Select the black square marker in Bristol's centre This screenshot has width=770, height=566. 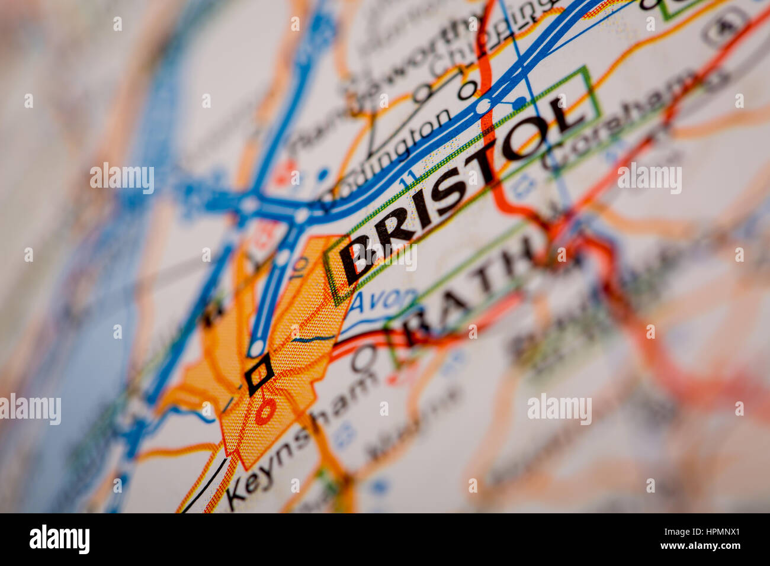coord(259,374)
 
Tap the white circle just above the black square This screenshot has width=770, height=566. coord(256,348)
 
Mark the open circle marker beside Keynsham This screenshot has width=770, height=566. coord(364,358)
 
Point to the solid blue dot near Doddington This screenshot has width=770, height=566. coord(322,175)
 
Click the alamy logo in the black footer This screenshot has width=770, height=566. coord(59,539)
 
